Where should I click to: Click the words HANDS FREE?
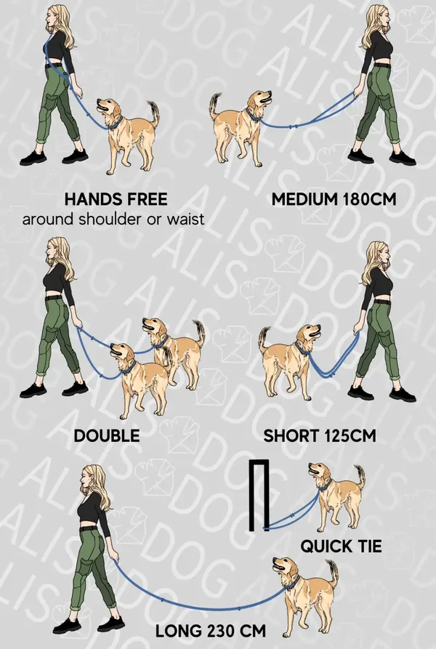tap(116, 199)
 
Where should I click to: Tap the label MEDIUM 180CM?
tap(334, 199)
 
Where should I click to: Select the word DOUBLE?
tap(106, 436)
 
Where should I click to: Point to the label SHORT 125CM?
tap(320, 436)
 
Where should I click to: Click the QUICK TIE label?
tap(341, 547)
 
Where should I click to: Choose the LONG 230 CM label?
tap(211, 632)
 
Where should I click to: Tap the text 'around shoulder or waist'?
tap(113, 219)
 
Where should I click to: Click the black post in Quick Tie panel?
tap(259, 495)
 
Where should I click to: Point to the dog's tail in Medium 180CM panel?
tap(215, 105)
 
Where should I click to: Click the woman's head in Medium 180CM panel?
tap(376, 17)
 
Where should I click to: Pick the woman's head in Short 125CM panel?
tap(376, 254)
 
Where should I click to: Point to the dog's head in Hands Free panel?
tap(109, 108)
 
